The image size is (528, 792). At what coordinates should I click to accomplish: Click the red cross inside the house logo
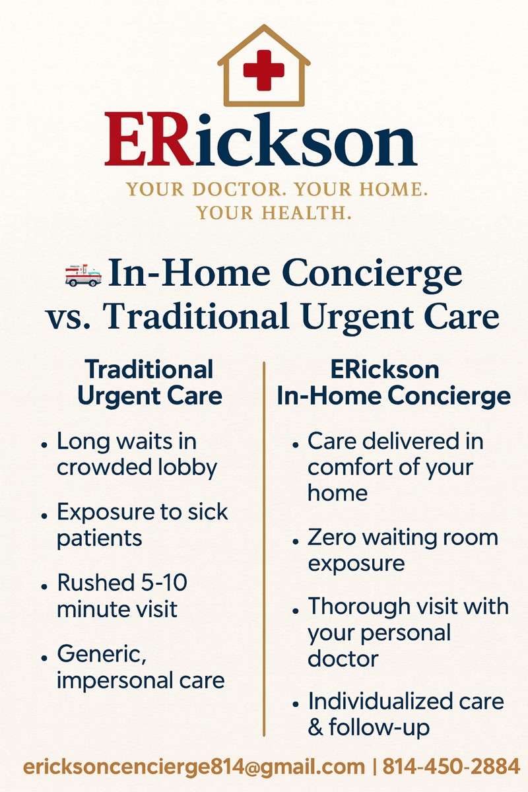click(x=264, y=70)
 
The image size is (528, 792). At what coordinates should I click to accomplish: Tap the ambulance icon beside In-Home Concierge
click(x=83, y=275)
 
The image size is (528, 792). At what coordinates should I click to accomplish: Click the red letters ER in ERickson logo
click(x=149, y=139)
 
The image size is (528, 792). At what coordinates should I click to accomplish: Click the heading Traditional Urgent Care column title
click(x=150, y=382)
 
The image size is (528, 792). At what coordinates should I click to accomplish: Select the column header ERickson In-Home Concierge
click(x=393, y=382)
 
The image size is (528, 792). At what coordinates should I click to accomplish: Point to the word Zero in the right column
click(x=331, y=538)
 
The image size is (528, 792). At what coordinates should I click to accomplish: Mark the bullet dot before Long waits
click(x=44, y=445)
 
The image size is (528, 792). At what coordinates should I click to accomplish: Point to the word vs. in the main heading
click(x=67, y=317)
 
